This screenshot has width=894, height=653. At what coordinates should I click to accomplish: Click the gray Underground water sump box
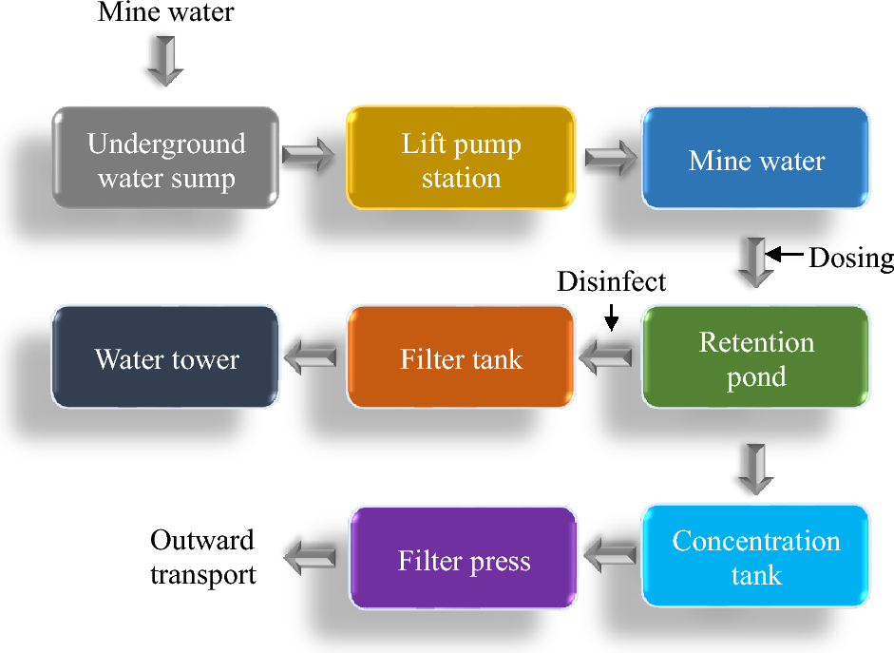point(166,158)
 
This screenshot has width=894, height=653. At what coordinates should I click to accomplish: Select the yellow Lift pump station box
point(461,158)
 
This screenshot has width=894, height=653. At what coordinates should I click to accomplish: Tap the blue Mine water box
point(756,158)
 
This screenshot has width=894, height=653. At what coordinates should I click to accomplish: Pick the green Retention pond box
point(756,357)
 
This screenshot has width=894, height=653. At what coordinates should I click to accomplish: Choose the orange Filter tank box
point(461,357)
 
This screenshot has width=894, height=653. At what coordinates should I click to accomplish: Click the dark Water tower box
point(166,357)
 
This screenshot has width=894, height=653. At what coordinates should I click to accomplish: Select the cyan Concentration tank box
point(756,557)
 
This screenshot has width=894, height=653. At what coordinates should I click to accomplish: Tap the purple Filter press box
point(464,559)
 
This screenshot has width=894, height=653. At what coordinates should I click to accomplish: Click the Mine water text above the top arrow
point(165,13)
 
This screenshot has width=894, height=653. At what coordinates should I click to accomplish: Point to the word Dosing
point(850,258)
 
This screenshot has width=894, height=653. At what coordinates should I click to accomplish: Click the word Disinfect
point(611,282)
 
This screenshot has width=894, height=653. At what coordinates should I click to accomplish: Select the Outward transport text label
point(202,557)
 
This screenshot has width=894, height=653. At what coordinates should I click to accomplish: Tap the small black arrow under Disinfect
point(611,317)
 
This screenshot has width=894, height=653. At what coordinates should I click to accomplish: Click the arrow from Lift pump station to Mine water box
point(609,157)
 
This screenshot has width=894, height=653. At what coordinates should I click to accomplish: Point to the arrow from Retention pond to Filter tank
point(606,358)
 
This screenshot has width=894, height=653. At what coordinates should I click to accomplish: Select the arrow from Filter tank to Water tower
point(311,358)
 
